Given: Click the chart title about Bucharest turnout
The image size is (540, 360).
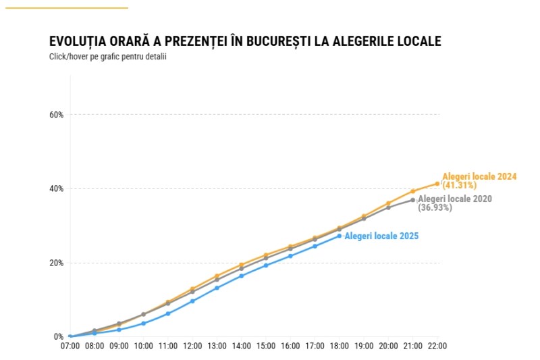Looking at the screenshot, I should point(245,41).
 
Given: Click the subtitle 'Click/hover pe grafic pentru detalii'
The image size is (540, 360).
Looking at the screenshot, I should point(107,57).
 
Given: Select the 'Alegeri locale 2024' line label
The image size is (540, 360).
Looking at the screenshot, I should point(479,176).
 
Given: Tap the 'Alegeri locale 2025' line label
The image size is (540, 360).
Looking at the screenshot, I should point(381,236).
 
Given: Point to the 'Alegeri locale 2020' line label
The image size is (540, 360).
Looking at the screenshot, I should point(455,199).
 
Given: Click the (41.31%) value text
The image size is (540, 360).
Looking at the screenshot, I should point(460,184).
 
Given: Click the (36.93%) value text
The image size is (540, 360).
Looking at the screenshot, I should point(435,207).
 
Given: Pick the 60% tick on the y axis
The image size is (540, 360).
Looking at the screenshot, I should point(56,115).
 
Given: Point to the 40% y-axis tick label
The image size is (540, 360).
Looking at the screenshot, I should point(56,188).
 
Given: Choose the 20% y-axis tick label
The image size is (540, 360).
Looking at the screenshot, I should point(56,263).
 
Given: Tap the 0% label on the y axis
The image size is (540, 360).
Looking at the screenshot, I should point(58,336).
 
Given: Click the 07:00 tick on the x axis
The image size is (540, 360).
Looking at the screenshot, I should point(70,346).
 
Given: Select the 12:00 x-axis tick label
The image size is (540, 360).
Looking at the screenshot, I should point(192,346).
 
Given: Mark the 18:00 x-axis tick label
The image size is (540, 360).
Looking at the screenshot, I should point(340,346).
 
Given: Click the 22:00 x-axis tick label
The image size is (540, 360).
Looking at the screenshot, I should point(437,346).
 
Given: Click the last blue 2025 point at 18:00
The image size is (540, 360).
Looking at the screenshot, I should point(340,236).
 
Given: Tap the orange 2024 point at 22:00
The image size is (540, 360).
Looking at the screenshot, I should point(437,184).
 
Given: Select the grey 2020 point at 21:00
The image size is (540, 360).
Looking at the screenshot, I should point(413,200).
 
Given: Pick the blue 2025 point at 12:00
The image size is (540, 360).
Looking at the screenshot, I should point(192,301).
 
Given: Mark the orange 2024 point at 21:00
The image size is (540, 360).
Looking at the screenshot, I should point(413,191).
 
